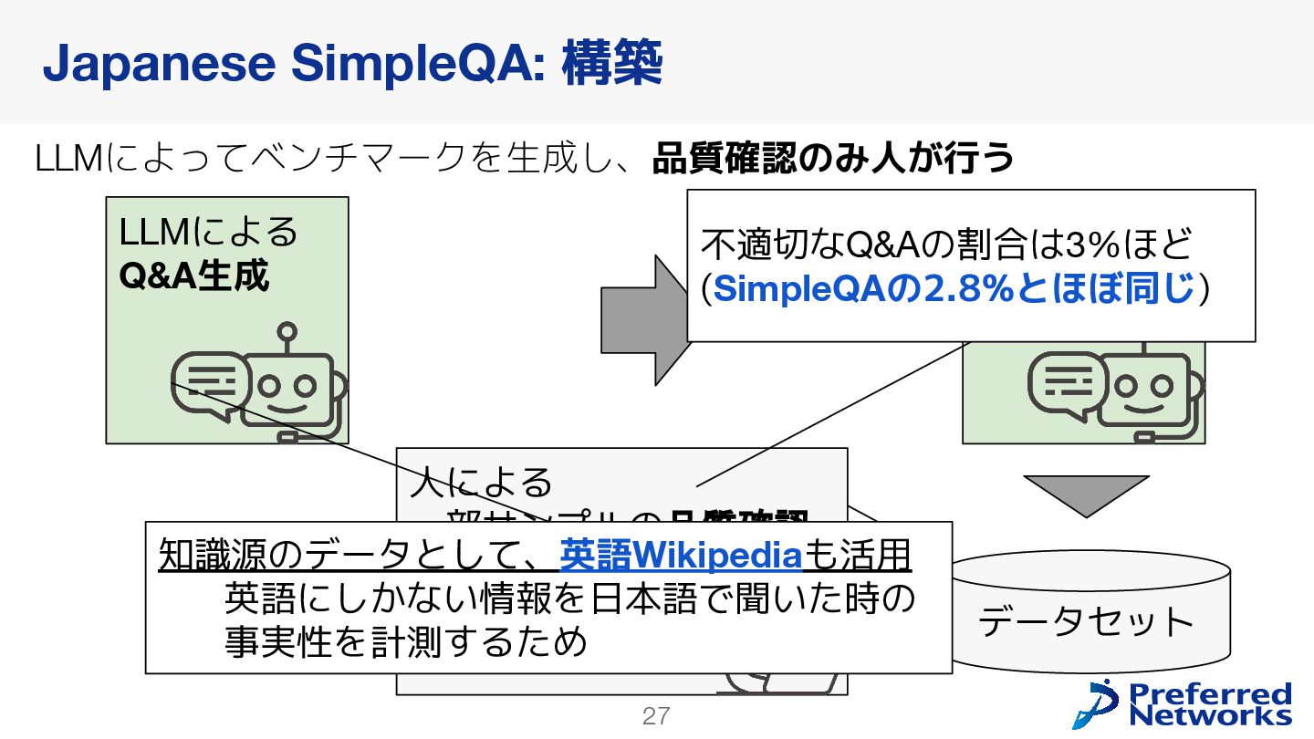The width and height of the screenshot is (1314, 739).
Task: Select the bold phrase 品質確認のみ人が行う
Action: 833,159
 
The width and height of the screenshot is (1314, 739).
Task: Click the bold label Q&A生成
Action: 193,275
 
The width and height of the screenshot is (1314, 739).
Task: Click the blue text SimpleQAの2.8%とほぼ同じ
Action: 954,289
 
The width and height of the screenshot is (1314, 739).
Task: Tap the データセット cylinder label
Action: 1086,622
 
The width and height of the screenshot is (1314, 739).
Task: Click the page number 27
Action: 656,716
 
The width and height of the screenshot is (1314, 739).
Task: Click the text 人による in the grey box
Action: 482,481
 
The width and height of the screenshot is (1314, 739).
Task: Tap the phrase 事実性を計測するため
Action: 406,642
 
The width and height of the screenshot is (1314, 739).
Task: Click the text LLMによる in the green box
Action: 209,232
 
